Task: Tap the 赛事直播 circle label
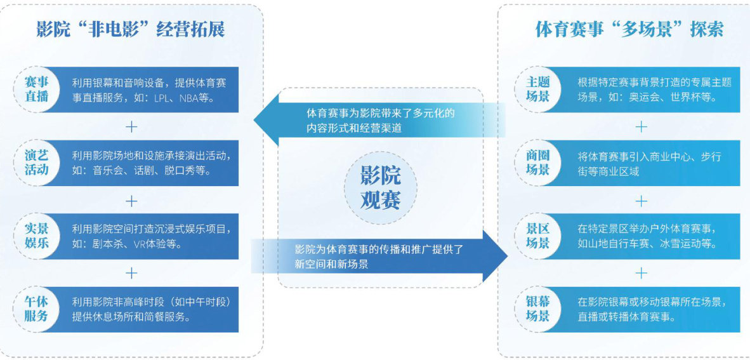37,90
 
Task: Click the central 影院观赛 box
380,188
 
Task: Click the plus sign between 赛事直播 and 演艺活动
131,127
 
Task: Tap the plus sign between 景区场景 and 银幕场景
641,273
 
